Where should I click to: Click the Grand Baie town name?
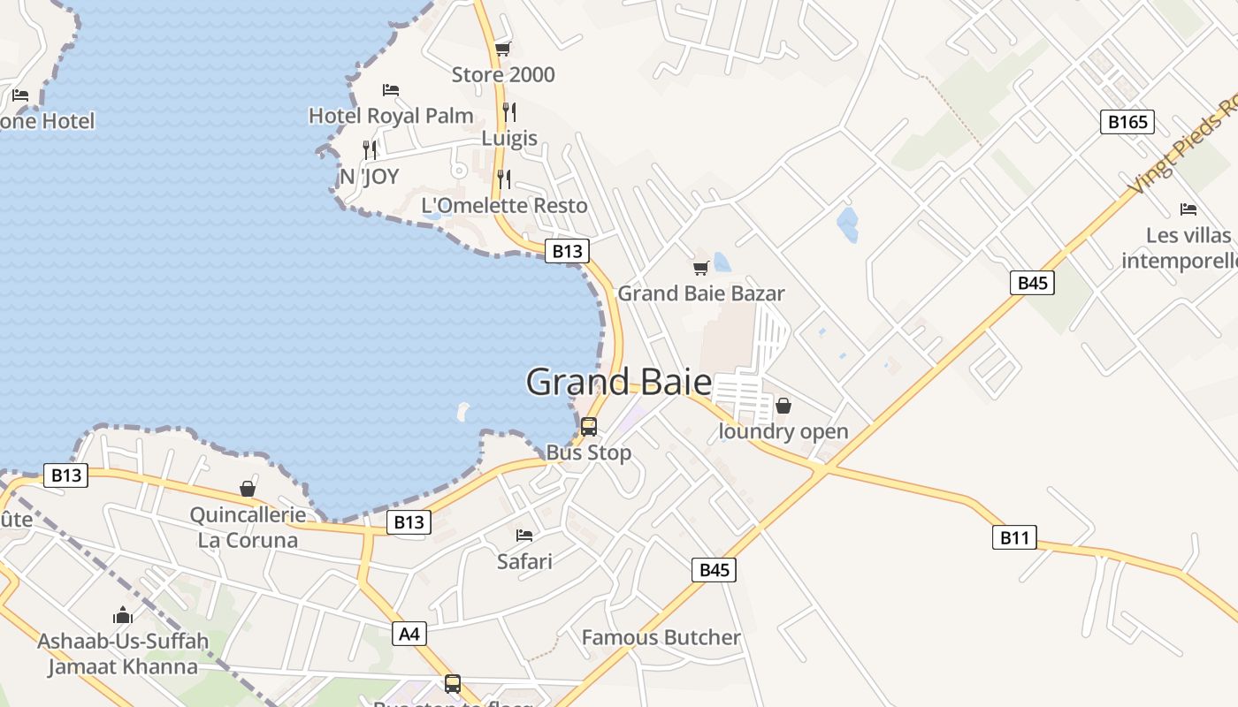(618, 382)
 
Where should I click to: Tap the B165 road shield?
(1127, 121)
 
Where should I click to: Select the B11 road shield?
(1013, 536)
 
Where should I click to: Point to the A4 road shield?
(409, 633)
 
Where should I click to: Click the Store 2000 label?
(503, 74)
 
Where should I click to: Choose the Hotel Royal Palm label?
(391, 116)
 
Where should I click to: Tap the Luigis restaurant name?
(509, 138)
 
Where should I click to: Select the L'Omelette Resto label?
(504, 205)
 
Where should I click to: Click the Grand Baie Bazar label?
(701, 293)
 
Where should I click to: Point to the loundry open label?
(783, 431)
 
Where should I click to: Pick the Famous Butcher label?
(661, 637)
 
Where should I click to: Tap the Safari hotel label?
(524, 561)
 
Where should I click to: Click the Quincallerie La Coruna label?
(248, 527)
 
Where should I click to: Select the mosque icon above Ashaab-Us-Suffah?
(123, 615)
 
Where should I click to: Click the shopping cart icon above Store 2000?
(503, 49)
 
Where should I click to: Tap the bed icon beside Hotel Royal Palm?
(391, 90)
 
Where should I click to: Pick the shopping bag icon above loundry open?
(783, 407)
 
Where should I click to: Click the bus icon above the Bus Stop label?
(589, 427)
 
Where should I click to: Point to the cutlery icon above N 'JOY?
(370, 150)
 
